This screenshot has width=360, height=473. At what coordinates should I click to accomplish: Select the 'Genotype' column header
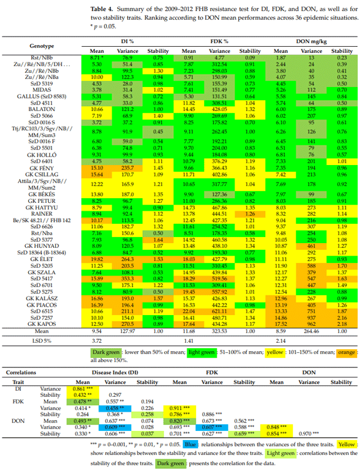click(x=41, y=46)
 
